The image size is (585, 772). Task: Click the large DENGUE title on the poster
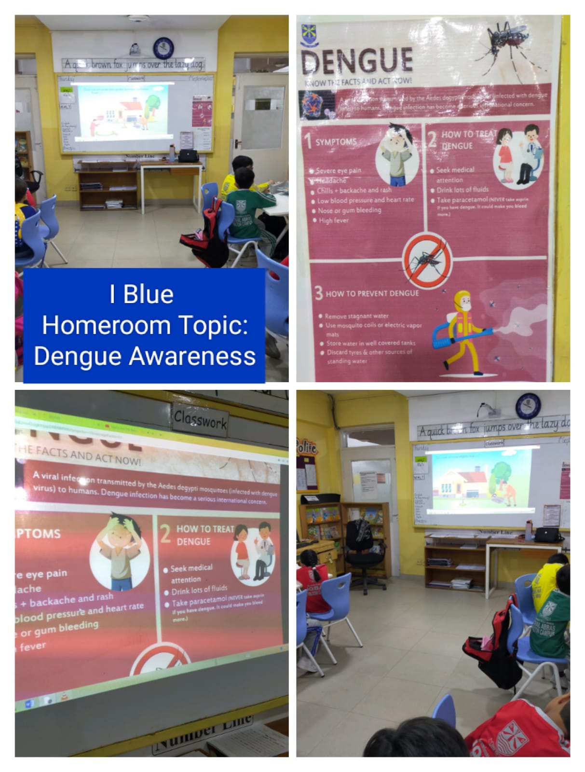[x=357, y=61]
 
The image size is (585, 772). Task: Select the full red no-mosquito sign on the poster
[x=427, y=261]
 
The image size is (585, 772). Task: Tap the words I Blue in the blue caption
[x=141, y=294]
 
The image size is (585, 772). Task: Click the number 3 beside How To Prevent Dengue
[x=318, y=293]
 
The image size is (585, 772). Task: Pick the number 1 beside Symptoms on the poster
[x=307, y=140]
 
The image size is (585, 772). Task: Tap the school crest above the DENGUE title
[x=309, y=34]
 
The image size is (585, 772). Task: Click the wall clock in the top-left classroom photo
[x=163, y=48]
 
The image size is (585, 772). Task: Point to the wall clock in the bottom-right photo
[x=528, y=406]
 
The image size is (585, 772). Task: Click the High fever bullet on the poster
[x=333, y=221]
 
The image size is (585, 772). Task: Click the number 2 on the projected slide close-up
[x=165, y=535]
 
